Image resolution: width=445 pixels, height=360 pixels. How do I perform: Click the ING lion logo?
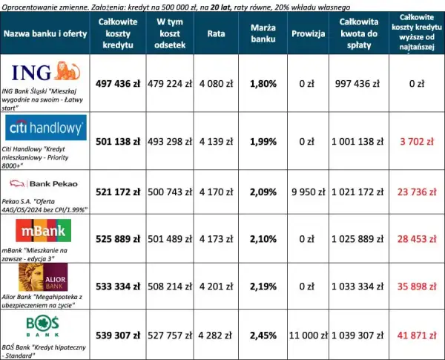[46, 71]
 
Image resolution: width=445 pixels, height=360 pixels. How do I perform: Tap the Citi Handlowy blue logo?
[46, 128]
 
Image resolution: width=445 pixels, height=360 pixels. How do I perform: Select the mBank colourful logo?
[44, 230]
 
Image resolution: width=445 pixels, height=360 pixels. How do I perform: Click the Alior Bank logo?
[43, 277]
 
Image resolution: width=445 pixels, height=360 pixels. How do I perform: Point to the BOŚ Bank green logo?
[42, 326]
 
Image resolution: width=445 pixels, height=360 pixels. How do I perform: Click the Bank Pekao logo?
[44, 184]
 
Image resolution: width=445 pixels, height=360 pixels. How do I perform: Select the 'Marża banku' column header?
[263, 33]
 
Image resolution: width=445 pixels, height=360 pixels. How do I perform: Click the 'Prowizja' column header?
[309, 33]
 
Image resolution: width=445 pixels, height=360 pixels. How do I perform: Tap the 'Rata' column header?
[216, 33]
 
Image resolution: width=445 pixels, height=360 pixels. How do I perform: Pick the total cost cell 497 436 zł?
[118, 84]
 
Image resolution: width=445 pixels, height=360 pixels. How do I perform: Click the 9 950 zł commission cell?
[309, 192]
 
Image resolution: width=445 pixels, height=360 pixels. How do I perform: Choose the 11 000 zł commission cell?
[309, 336]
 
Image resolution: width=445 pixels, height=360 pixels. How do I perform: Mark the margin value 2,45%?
[263, 336]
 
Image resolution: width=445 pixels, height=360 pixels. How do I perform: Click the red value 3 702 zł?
[417, 142]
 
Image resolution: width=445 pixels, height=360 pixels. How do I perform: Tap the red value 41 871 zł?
[417, 336]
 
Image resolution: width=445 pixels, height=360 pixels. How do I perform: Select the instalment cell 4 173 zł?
[216, 239]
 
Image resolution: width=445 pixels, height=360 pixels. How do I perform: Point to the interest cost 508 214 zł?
[170, 287]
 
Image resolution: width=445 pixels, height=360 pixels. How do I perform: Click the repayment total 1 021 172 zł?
[357, 192]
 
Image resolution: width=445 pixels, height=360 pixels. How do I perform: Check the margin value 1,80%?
[263, 84]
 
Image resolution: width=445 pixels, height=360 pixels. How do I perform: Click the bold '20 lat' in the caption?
[221, 7]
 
